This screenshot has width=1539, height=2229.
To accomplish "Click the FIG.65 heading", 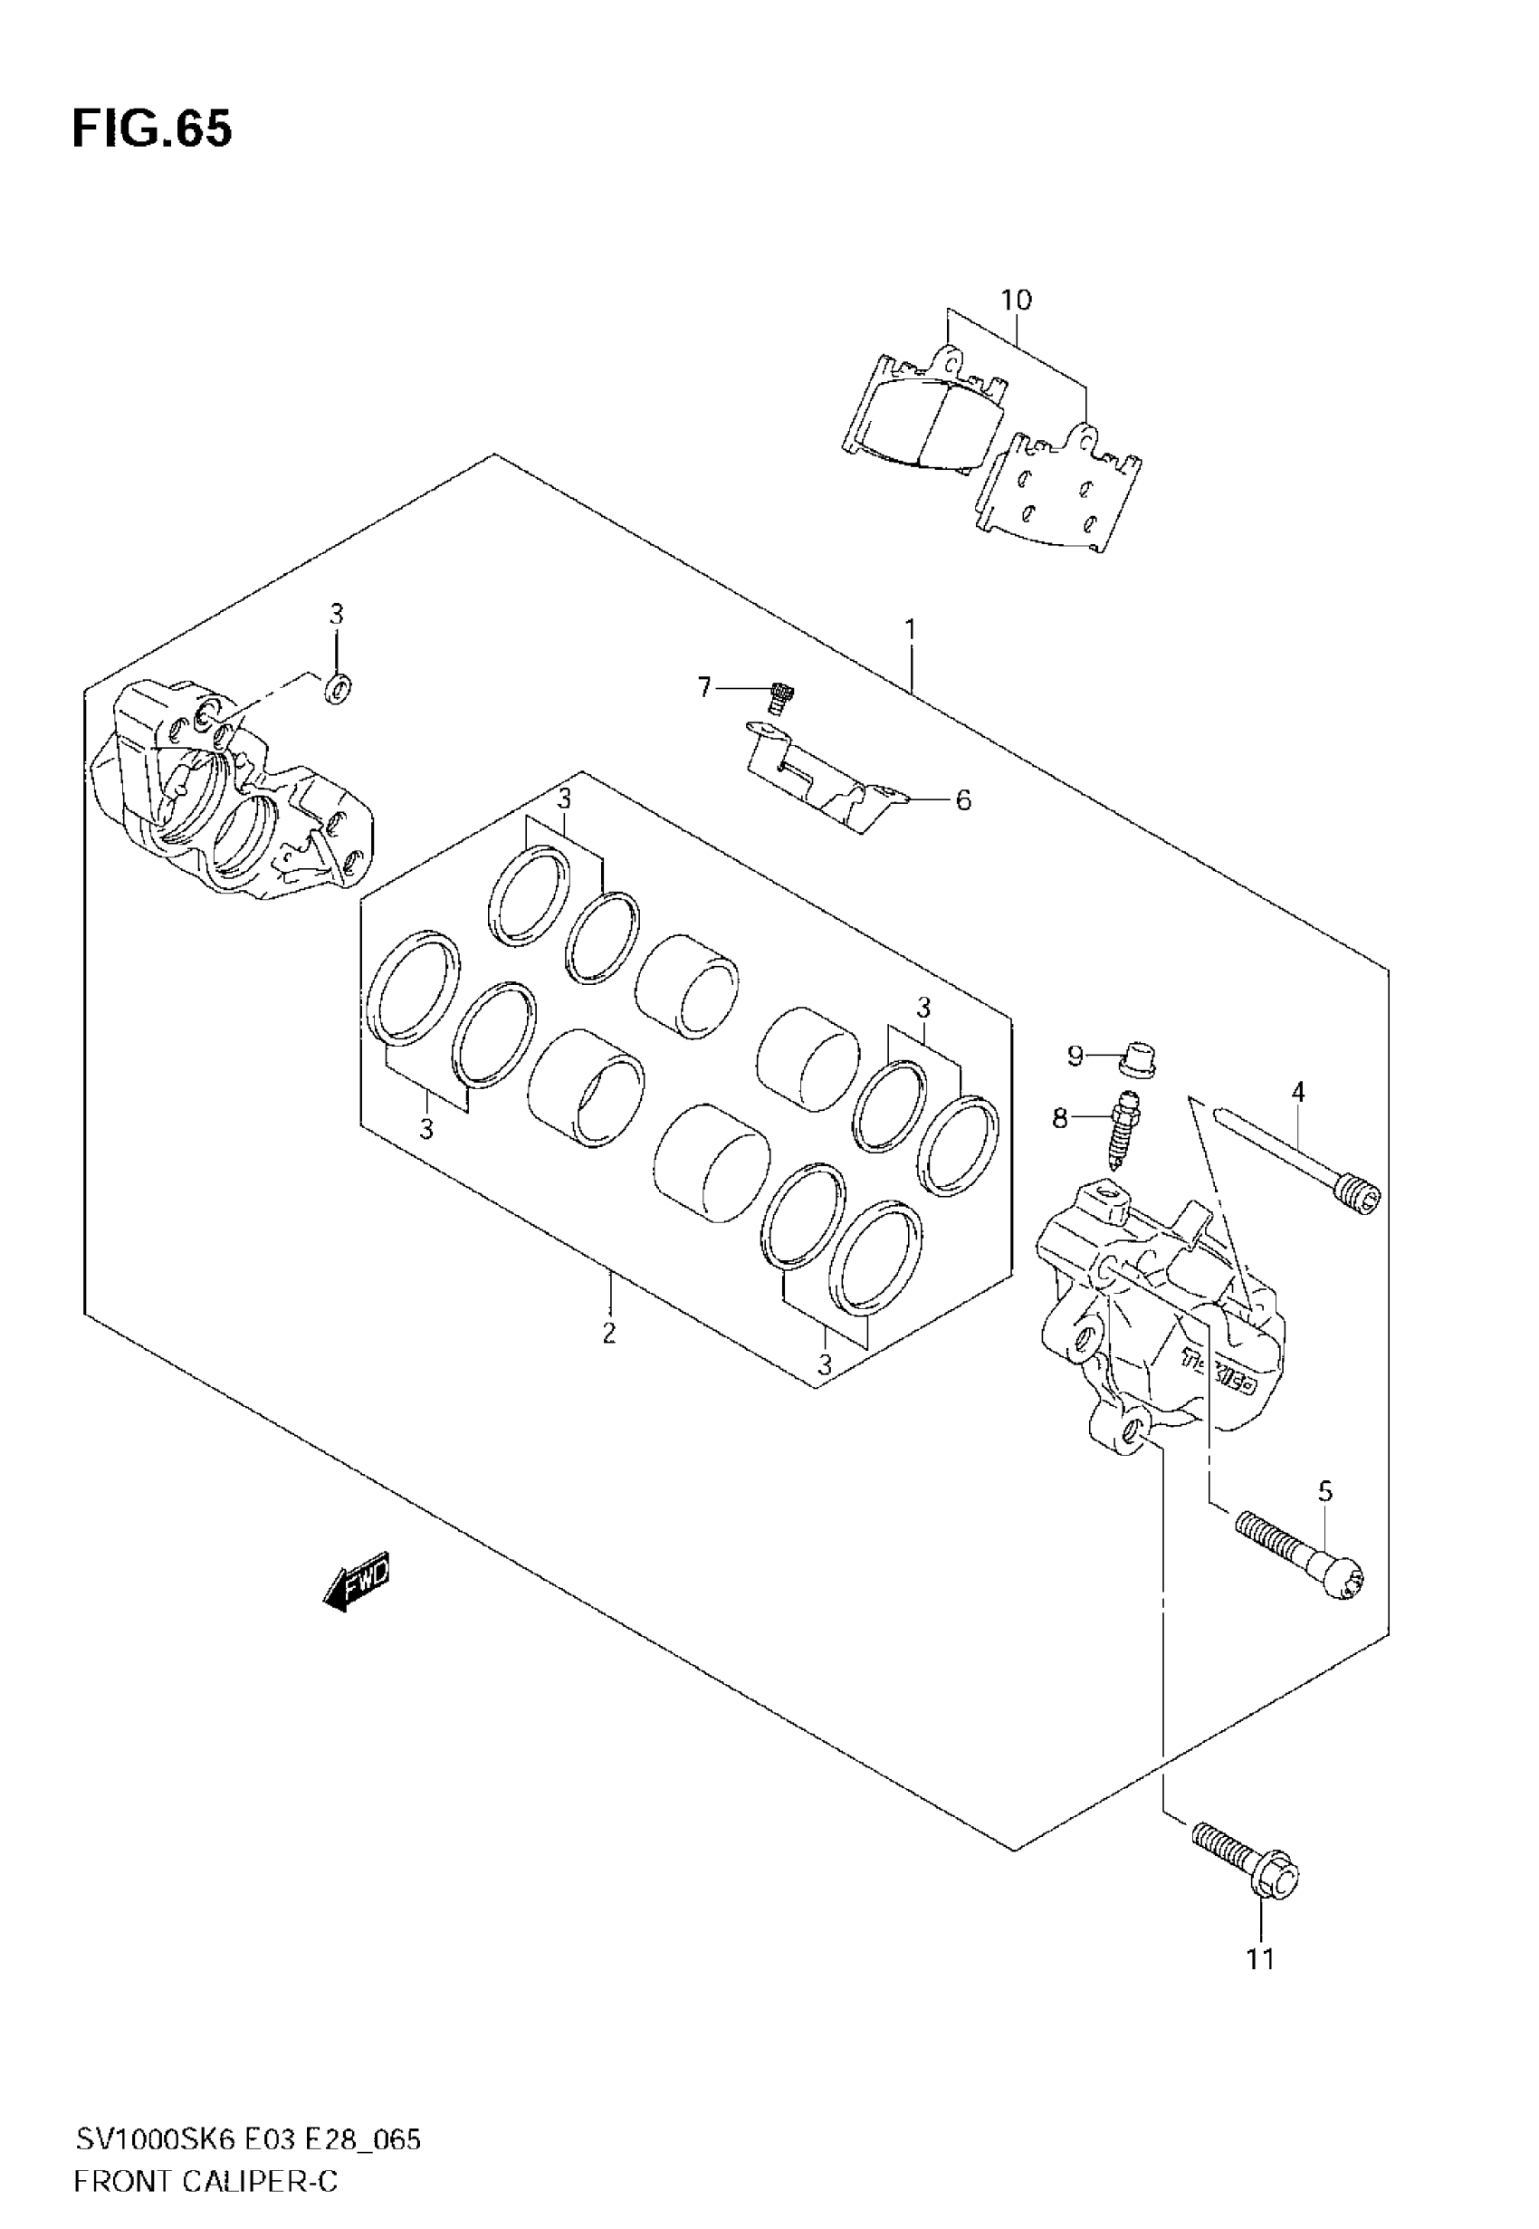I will coord(152,129).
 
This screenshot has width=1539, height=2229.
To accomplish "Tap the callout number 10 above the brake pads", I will coord(1016,300).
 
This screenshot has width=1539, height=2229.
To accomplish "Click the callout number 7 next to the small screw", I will coord(705,686).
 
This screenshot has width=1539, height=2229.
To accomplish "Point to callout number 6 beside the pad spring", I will coord(962,799).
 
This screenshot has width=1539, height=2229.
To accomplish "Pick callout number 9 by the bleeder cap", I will coord(1075,1056).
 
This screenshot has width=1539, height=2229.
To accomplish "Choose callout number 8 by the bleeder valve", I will coord(1060,1118).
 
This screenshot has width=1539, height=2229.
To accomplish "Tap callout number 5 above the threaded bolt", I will coord(1325,1491).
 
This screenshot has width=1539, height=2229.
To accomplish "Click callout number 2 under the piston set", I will coord(608,1333).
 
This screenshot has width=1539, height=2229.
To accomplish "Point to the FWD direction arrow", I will coord(357,1581).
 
